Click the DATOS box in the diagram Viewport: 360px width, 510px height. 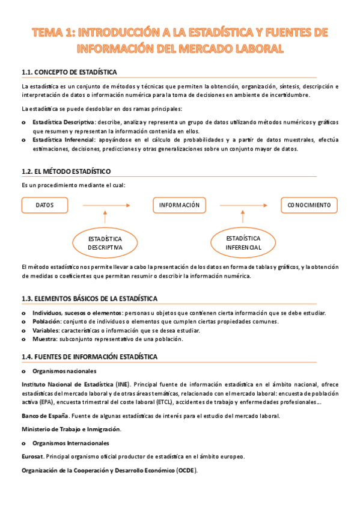(x=44, y=205)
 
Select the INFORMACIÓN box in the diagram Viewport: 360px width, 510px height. (x=179, y=205)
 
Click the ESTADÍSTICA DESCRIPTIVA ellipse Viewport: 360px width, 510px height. (x=105, y=242)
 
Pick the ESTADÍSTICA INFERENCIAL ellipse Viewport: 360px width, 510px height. (x=243, y=242)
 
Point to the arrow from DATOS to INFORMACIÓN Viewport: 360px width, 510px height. (x=105, y=206)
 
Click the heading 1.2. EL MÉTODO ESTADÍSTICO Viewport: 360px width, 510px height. (x=66, y=171)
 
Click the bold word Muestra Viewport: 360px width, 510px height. (x=45, y=339)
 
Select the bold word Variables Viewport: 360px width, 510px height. (x=46, y=331)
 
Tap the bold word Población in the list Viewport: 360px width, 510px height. (x=46, y=322)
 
